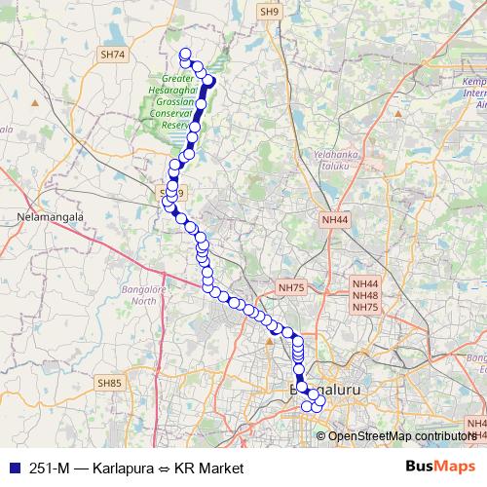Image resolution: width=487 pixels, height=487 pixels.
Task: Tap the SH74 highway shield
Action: coord(113,56)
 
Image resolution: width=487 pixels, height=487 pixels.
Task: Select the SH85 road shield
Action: coord(112,384)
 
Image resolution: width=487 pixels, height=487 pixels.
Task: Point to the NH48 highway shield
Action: coord(365,295)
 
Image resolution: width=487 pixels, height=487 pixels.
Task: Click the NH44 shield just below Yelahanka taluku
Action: coord(334,220)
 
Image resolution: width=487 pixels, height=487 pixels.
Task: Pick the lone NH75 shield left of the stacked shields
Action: coord(291,287)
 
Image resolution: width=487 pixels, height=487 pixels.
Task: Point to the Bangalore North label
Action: coord(143,295)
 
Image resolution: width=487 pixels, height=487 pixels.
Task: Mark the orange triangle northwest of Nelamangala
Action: coord(35,100)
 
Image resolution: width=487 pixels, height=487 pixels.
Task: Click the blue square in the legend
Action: coord(14,468)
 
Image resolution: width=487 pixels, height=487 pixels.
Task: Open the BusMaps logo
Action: coord(437,467)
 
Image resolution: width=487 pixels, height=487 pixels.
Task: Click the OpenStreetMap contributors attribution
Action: coord(399,435)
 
